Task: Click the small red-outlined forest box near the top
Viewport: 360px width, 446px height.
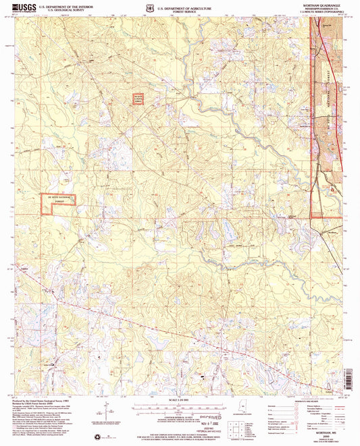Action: pos(138,99)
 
